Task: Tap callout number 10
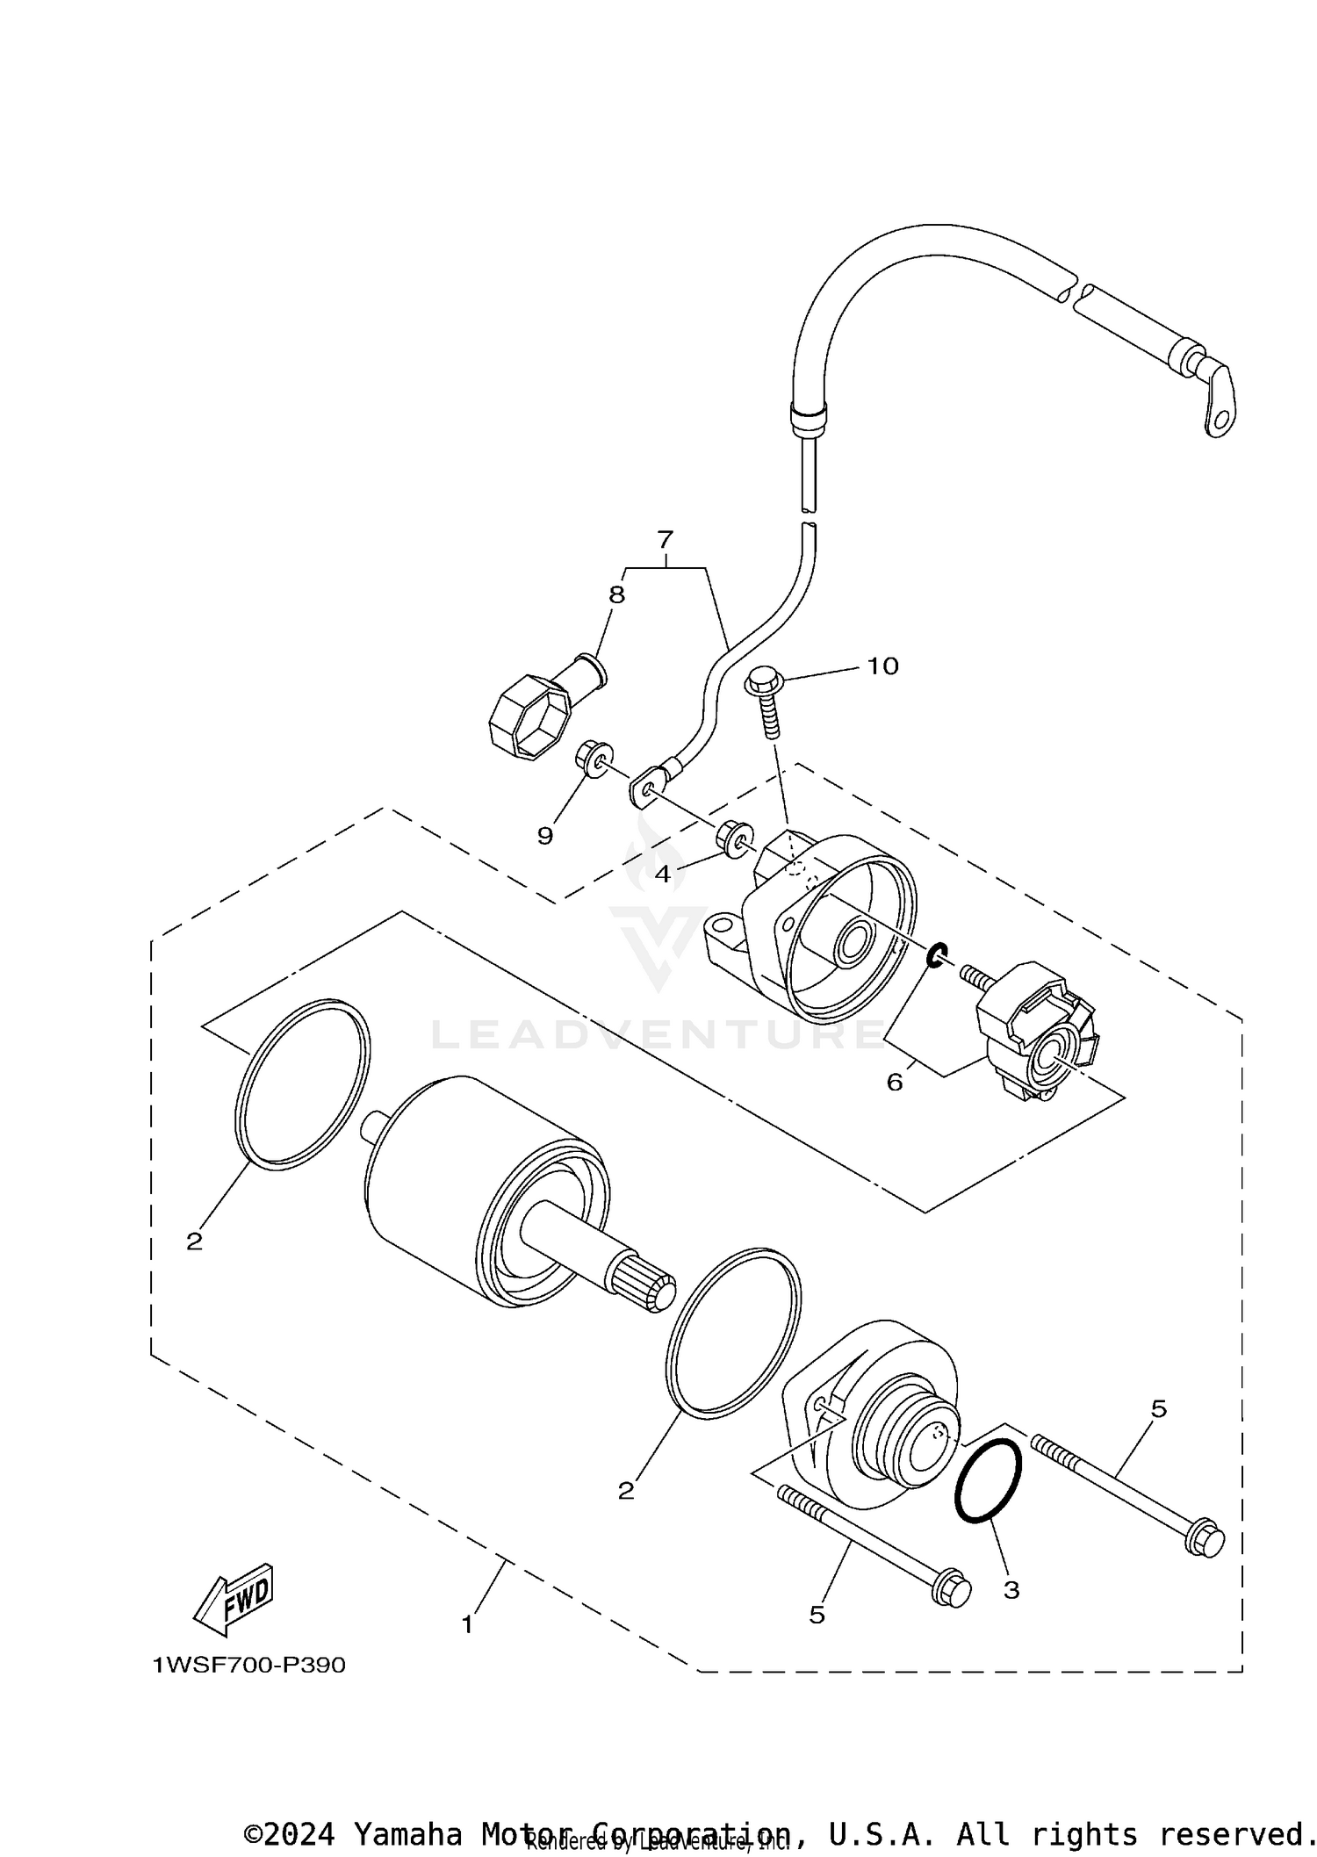[x=882, y=666]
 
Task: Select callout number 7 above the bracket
[x=665, y=538]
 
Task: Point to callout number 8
[x=617, y=594]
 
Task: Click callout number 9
[x=545, y=836]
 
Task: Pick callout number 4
[x=662, y=874]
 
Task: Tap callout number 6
[x=894, y=1082]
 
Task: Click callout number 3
[x=1011, y=1589]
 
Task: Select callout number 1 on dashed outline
[x=467, y=1624]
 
